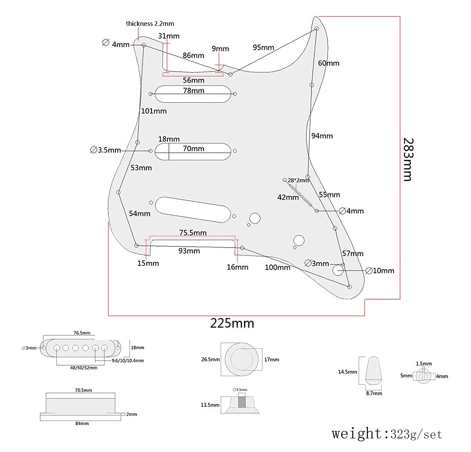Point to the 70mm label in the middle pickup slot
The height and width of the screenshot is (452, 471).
[194, 149]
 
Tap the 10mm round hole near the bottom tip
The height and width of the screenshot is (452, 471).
[339, 270]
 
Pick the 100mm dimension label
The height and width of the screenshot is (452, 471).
[277, 267]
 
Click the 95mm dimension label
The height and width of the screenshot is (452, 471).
[263, 47]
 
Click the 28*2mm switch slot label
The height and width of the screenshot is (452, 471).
[298, 181]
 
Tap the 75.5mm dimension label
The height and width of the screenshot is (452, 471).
[193, 233]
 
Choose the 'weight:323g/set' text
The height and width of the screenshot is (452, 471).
[387, 434]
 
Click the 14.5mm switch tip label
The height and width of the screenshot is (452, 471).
[347, 372]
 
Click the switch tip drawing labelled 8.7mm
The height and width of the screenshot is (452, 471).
[374, 369]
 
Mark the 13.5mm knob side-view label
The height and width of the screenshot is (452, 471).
[210, 405]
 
